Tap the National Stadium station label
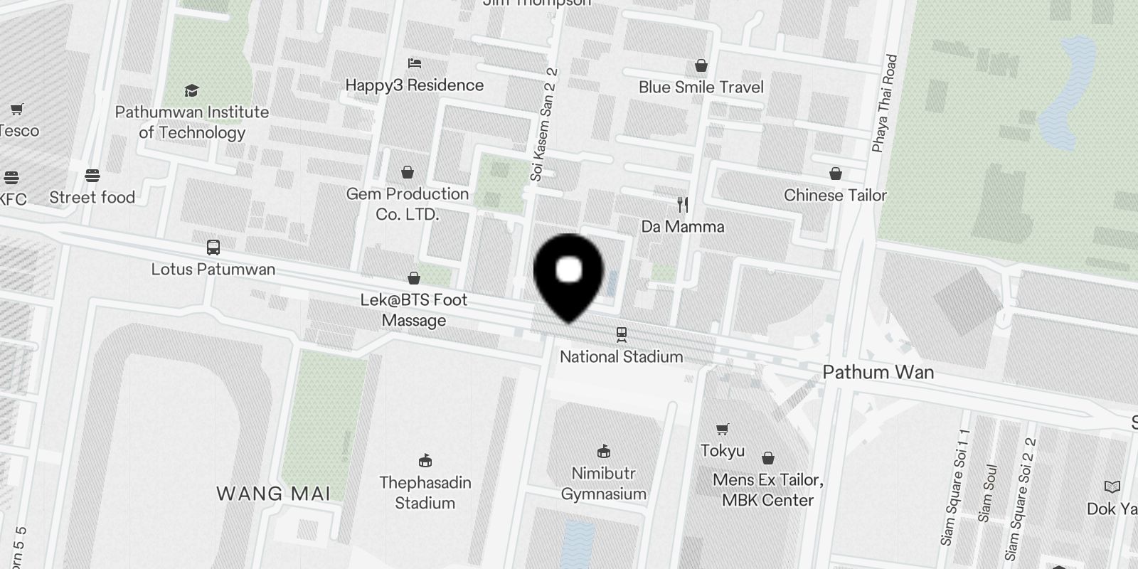621,356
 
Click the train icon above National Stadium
622,334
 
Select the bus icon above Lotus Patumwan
213,248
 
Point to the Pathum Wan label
878,372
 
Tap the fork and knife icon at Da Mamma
683,205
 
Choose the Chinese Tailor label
835,195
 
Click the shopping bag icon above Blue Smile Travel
701,65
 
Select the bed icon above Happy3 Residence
415,63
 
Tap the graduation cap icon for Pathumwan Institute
191,90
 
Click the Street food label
92,197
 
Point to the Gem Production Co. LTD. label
408,203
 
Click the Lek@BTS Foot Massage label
414,309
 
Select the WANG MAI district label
273,493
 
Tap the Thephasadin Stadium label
425,492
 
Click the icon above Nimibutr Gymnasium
604,451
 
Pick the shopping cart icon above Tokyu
723,429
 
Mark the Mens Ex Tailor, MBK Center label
767,489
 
